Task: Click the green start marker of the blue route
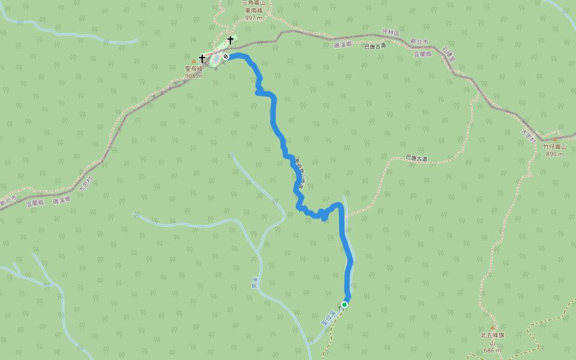[344, 305]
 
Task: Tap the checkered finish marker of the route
[226, 56]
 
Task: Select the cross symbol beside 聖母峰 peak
[202, 58]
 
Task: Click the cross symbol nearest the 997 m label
[230, 40]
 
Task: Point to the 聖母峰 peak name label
[194, 68]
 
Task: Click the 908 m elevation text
[194, 76]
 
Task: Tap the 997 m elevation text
[254, 18]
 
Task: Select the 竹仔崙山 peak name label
[555, 146]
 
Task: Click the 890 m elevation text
[555, 154]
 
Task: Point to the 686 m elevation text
[493, 350]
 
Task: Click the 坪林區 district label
[391, 32]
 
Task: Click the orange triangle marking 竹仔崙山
[555, 139]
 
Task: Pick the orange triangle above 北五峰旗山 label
[493, 328]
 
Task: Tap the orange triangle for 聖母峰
[194, 61]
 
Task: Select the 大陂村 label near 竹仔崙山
[527, 136]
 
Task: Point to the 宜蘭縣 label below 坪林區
[423, 53]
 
